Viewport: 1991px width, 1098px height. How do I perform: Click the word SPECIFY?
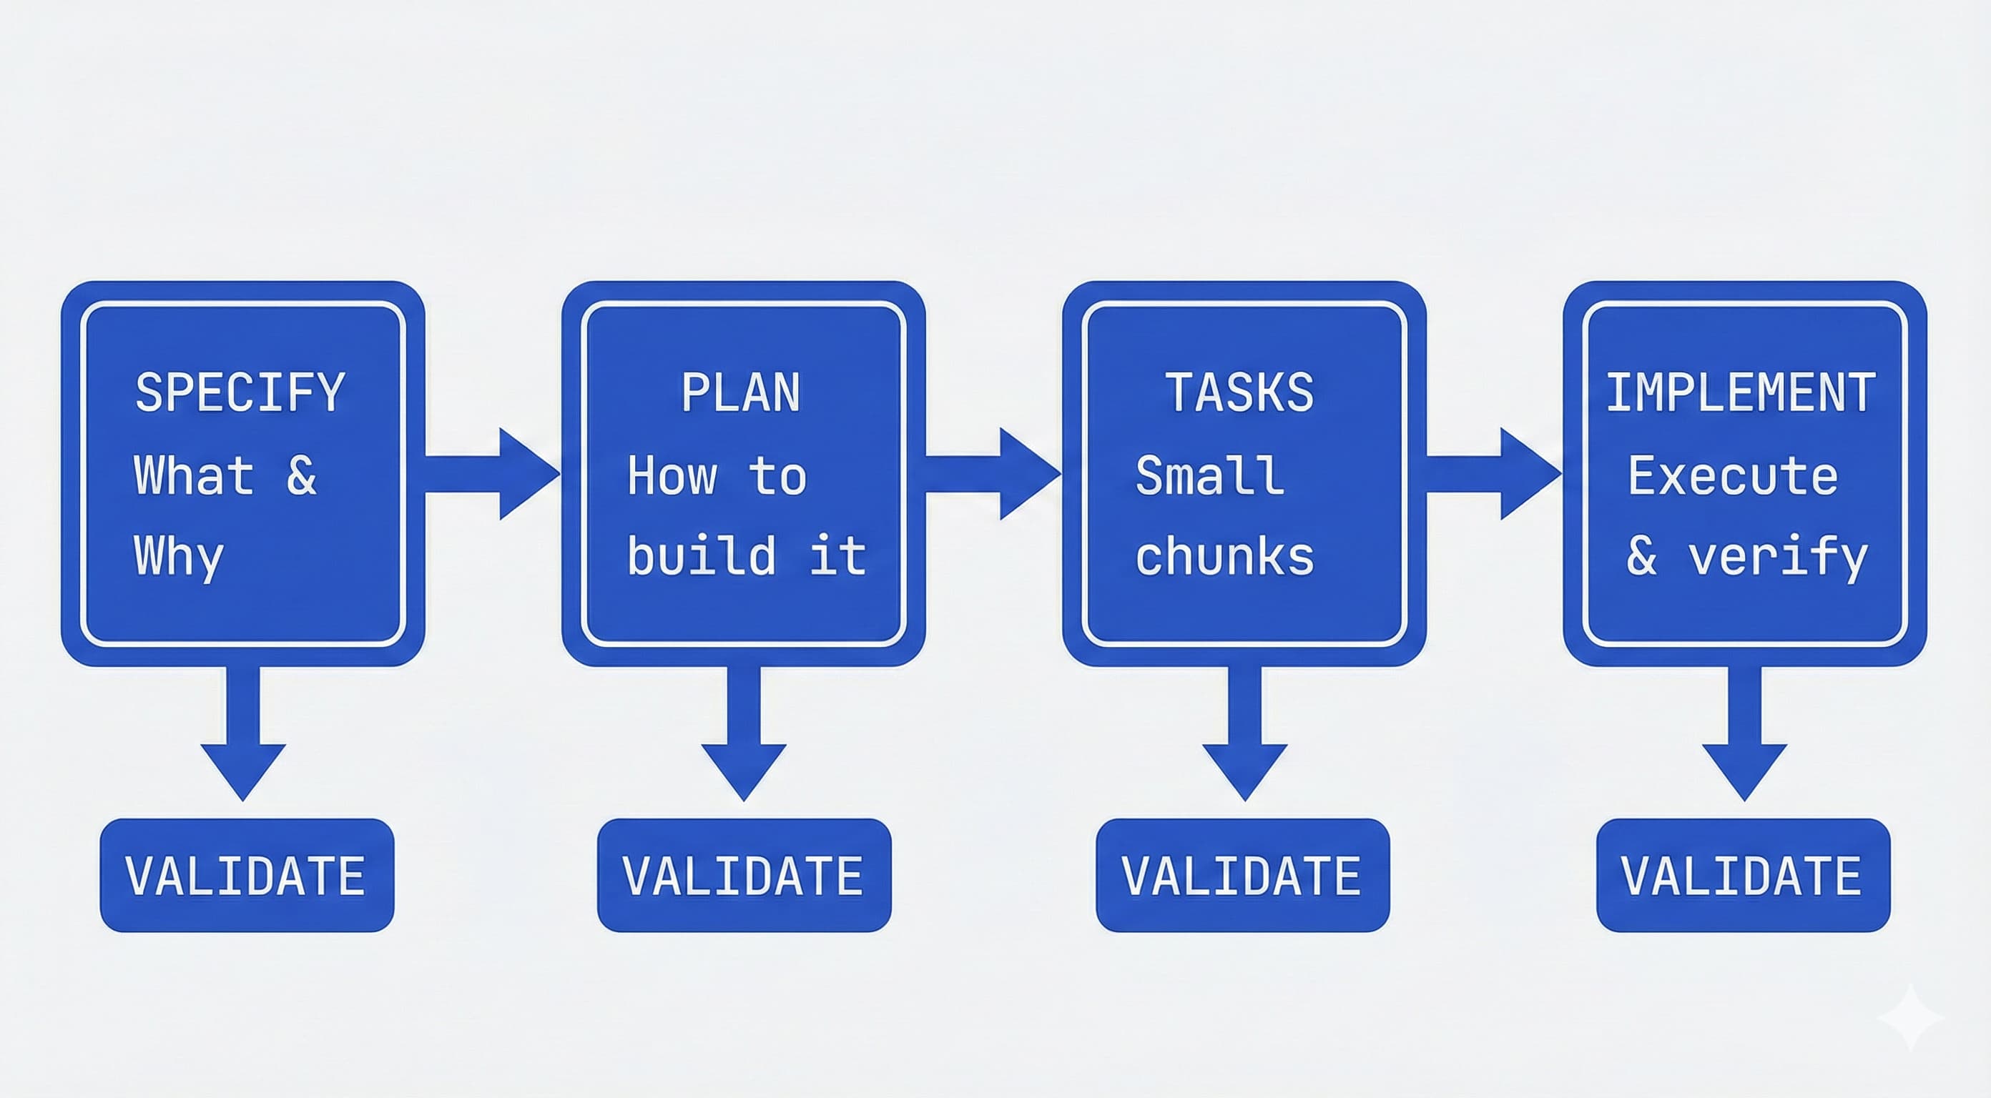(x=240, y=392)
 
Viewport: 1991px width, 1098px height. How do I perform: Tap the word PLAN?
(x=740, y=392)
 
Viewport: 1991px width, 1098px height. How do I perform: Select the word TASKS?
(x=1239, y=392)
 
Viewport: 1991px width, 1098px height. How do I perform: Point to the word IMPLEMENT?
(x=1741, y=392)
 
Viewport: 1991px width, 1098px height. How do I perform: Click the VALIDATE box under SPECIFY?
(x=247, y=876)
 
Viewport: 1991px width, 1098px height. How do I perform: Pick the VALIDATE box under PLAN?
(x=744, y=876)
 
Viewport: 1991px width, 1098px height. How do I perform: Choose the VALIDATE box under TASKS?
(x=1242, y=876)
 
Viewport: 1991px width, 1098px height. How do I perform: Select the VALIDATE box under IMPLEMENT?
(x=1743, y=876)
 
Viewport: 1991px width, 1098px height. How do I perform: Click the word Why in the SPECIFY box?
(x=179, y=556)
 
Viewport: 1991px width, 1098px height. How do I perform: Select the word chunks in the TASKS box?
(x=1225, y=556)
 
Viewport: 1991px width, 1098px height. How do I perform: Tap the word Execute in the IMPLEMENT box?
(x=1733, y=475)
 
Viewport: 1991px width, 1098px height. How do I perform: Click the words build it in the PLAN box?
(x=746, y=556)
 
